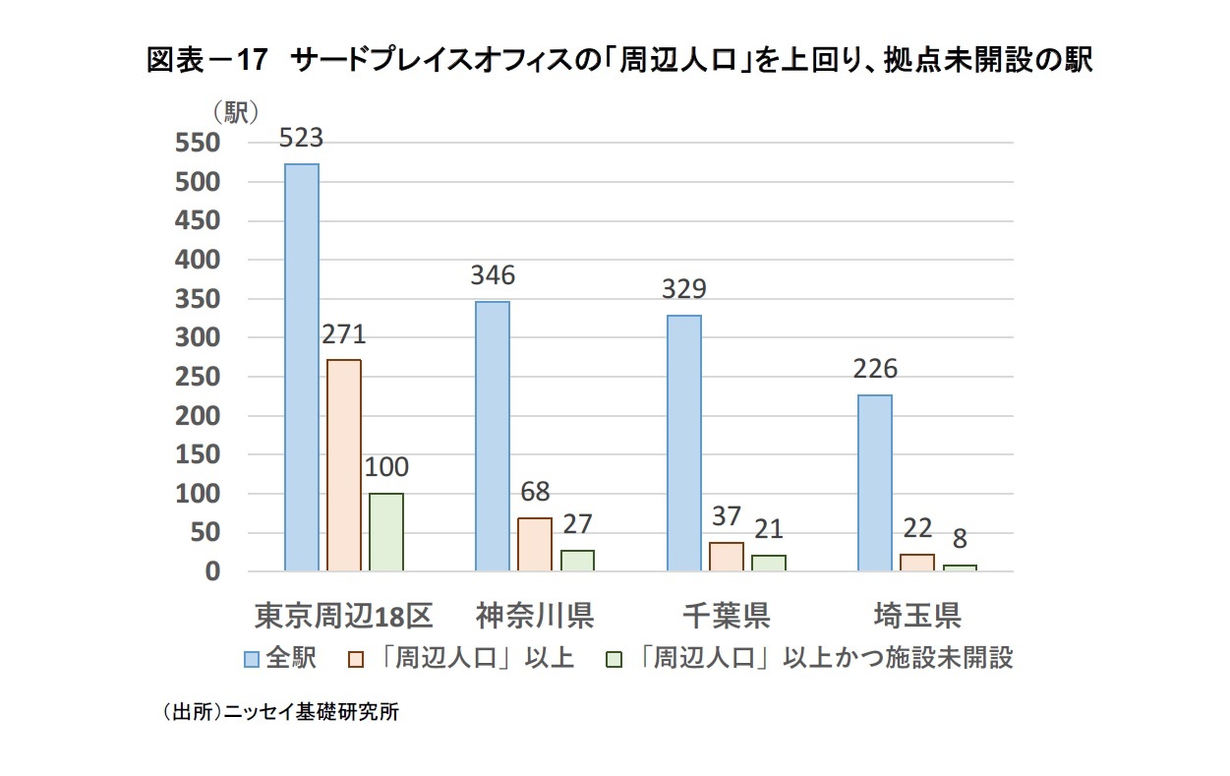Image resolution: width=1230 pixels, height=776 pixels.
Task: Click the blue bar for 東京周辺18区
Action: click(x=302, y=367)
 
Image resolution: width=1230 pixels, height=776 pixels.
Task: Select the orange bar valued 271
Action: click(x=344, y=465)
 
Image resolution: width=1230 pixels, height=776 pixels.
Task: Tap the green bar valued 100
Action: click(x=386, y=532)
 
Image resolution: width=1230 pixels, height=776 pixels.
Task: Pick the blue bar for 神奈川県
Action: click(x=493, y=436)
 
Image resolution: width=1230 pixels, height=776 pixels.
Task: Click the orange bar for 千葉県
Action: click(x=726, y=557)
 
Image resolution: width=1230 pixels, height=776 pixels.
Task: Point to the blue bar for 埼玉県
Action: click(x=874, y=483)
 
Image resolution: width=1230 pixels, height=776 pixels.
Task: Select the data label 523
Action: click(x=301, y=139)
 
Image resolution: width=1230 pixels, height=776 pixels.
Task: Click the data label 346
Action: click(x=492, y=276)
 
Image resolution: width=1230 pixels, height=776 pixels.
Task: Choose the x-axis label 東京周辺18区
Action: click(x=343, y=616)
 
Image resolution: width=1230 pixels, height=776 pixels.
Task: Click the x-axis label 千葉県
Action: click(x=726, y=616)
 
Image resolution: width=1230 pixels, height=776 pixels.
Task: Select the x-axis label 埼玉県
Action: click(x=916, y=616)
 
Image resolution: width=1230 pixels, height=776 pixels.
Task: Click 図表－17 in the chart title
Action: click(x=206, y=61)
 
